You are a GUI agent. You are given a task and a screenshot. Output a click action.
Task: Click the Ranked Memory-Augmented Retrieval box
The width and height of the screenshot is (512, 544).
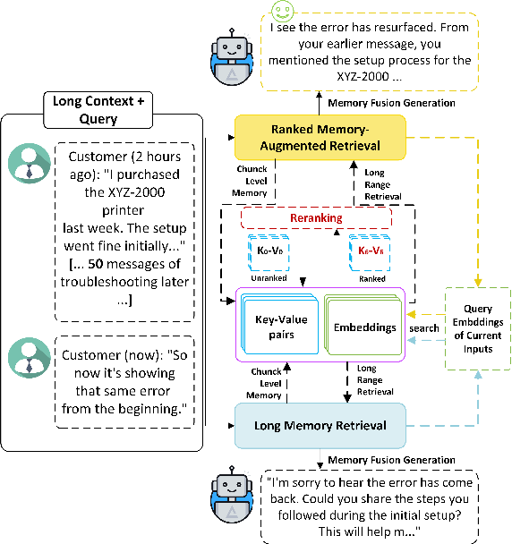pyautogui.click(x=320, y=138)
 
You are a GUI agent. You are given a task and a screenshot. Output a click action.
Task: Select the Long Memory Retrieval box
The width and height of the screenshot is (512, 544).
pyautogui.click(x=320, y=426)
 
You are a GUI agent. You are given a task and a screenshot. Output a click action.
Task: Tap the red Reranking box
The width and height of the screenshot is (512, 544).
pyautogui.click(x=316, y=218)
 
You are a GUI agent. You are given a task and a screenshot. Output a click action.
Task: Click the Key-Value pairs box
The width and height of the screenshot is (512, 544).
pyautogui.click(x=280, y=325)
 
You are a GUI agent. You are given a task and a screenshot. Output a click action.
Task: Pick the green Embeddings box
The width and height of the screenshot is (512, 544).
pyautogui.click(x=363, y=325)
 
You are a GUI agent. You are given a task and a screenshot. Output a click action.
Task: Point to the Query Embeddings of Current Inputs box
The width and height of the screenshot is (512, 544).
pyautogui.click(x=478, y=328)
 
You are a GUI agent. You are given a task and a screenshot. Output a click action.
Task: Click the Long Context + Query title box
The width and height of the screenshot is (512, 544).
pyautogui.click(x=98, y=110)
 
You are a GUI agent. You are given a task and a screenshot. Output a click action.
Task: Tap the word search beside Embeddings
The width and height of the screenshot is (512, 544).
pyautogui.click(x=423, y=328)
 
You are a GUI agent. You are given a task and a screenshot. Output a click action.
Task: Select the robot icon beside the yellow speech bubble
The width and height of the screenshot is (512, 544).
pyautogui.click(x=232, y=57)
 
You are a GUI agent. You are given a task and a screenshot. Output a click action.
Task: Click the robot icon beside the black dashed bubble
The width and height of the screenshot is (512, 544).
pyautogui.click(x=232, y=495)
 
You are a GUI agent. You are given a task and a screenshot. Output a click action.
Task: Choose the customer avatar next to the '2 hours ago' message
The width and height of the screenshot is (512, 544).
pyautogui.click(x=30, y=163)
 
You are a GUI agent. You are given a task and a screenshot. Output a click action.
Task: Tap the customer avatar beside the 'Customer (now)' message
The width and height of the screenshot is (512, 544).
pyautogui.click(x=30, y=358)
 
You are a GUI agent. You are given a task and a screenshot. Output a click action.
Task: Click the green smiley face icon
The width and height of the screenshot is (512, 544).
pyautogui.click(x=283, y=11)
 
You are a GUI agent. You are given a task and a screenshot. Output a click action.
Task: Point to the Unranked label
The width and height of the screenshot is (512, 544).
pyautogui.click(x=269, y=278)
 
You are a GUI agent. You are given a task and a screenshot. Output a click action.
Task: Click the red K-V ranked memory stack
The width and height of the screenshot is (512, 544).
pyautogui.click(x=370, y=252)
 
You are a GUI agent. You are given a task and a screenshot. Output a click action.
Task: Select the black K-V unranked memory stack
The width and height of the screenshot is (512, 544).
pyautogui.click(x=269, y=252)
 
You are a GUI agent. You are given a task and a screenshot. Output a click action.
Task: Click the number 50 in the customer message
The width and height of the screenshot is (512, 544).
pyautogui.click(x=96, y=264)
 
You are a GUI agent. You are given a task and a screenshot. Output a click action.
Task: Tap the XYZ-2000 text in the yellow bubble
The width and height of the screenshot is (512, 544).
pyautogui.click(x=363, y=76)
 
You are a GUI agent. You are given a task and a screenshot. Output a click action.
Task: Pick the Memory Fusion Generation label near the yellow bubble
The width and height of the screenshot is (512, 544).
pyautogui.click(x=391, y=103)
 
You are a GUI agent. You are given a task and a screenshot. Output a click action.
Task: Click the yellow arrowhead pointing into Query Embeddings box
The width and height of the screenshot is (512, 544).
pyautogui.click(x=478, y=282)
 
